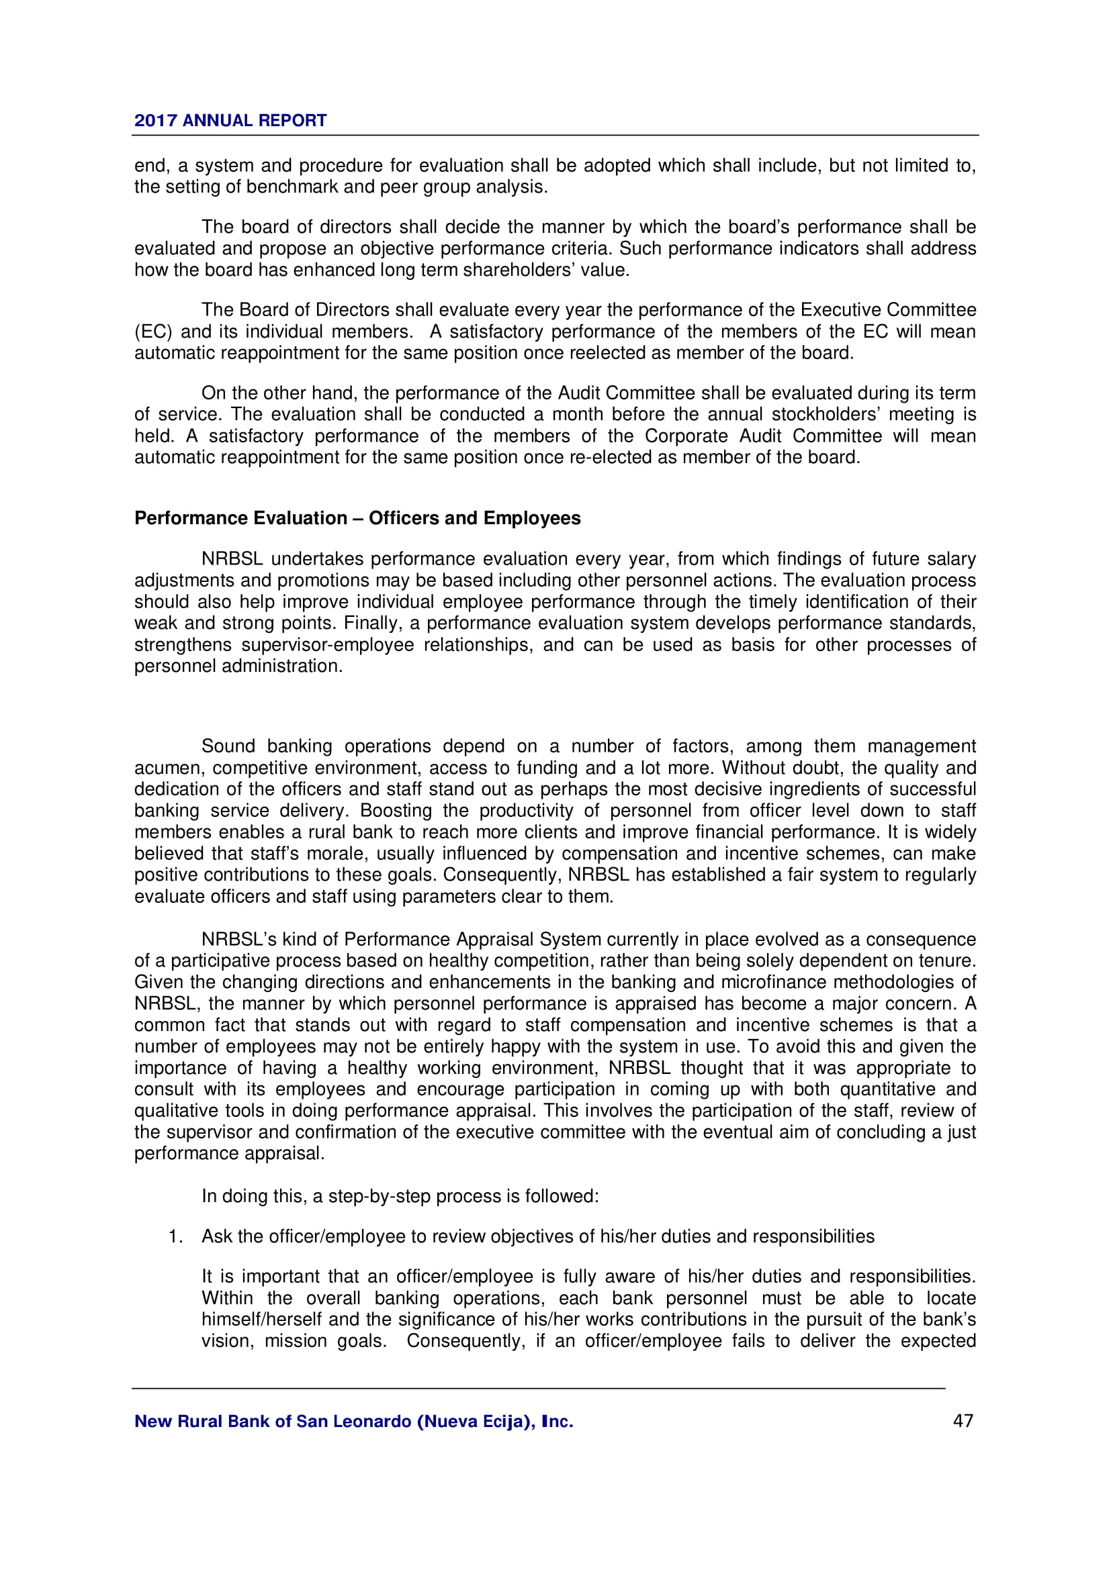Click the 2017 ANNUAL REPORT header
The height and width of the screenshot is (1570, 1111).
(230, 120)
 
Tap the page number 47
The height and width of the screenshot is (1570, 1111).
(963, 1421)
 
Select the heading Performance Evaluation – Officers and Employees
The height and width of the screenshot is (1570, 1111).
(357, 518)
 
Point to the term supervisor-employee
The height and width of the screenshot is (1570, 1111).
(327, 645)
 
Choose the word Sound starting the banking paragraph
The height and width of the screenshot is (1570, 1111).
(228, 746)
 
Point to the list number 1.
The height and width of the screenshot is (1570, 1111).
(175, 1236)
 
